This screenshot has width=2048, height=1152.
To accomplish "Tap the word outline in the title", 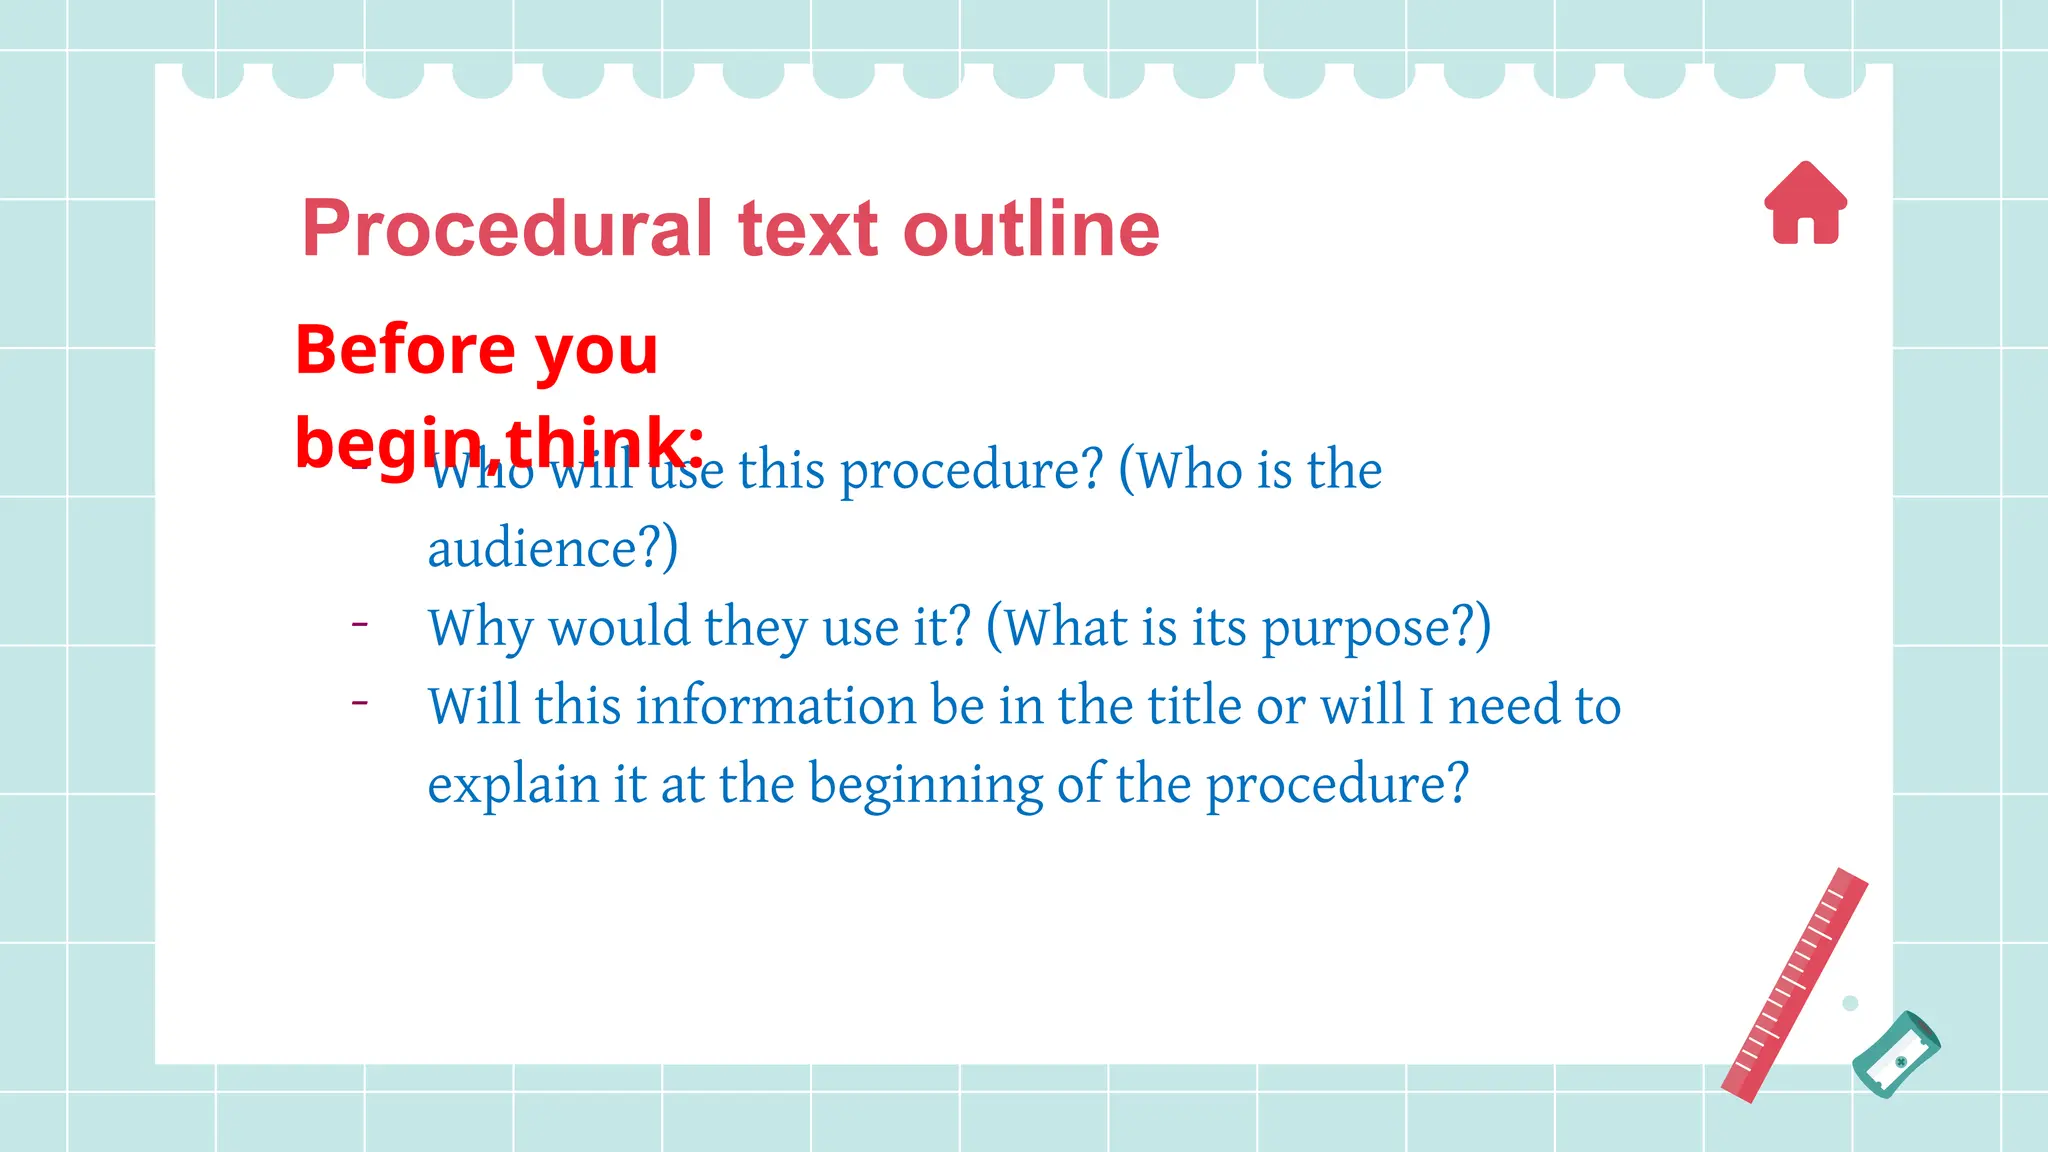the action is tap(1031, 229).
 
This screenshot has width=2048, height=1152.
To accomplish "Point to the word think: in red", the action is tap(604, 440).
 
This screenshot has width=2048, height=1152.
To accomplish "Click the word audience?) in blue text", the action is tap(553, 549).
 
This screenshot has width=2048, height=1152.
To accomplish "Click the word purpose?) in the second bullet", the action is tap(1376, 628).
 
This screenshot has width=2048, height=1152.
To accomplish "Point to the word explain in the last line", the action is tap(513, 784).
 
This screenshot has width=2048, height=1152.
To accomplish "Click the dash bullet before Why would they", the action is tap(360, 625).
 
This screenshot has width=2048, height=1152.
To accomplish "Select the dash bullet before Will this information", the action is tap(360, 703).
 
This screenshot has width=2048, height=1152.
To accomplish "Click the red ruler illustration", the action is tap(1794, 986).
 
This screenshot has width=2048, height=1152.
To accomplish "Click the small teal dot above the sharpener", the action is tap(1850, 1003).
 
